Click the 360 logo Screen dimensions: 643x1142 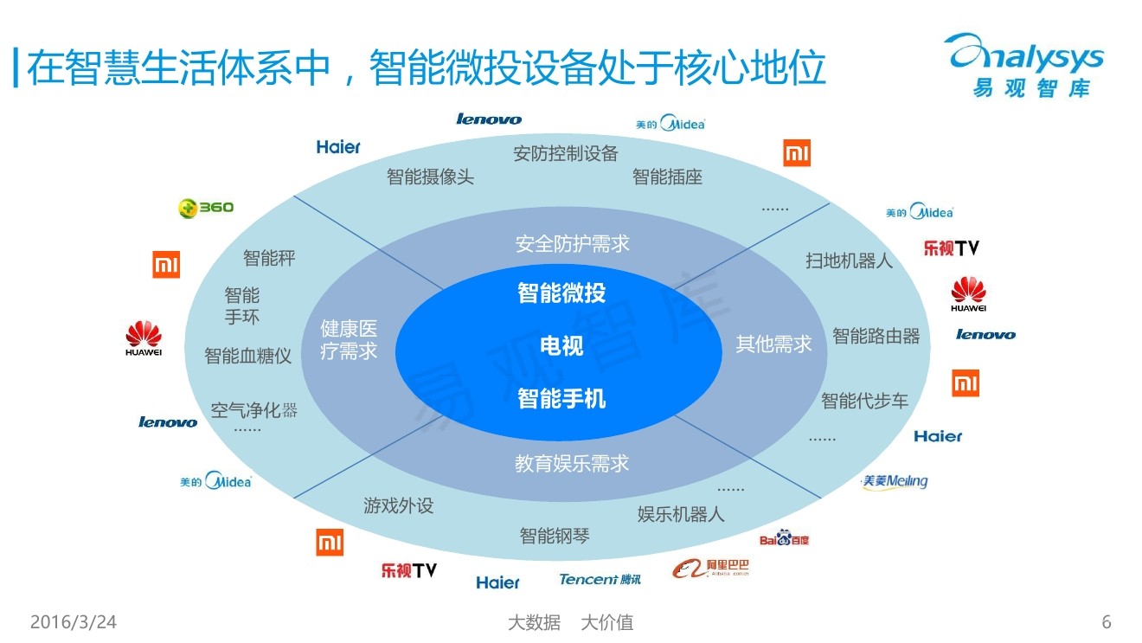point(206,208)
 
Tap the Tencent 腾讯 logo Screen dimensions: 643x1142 point(600,579)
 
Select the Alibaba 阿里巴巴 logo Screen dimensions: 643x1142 point(711,569)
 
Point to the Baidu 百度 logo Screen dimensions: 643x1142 point(784,539)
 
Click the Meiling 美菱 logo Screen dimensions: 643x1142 point(895,482)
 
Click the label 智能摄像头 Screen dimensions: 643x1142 point(430,177)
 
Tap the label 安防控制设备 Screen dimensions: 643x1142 point(566,154)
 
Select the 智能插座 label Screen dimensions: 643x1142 point(667,177)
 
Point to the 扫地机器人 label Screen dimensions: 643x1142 point(849,260)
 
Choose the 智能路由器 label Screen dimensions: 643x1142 point(876,336)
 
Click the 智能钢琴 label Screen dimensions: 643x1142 point(555,536)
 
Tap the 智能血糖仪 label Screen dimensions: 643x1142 point(247,356)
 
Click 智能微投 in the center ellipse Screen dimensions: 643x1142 point(561,293)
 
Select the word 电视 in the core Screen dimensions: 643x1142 point(561,346)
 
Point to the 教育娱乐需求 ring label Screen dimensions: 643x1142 point(572,464)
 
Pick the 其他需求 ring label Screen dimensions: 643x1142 point(773,344)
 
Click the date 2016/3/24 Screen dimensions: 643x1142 point(74,622)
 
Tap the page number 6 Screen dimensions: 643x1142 point(1107,622)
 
